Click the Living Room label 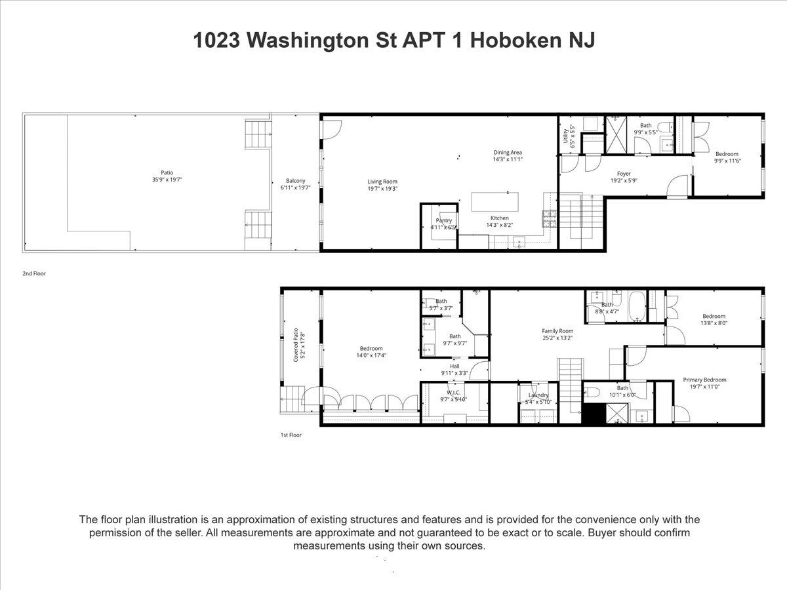pos(382,182)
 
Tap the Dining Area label pos(508,153)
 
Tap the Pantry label pos(444,220)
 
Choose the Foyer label pos(624,174)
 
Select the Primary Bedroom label pos(704,380)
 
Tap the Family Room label pos(557,331)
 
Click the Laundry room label pos(538,395)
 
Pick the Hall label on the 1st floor pos(454,366)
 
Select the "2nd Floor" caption pos(34,273)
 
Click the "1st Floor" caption pos(291,435)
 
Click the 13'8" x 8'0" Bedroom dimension pos(714,323)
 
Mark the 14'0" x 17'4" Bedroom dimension pos(371,356)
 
